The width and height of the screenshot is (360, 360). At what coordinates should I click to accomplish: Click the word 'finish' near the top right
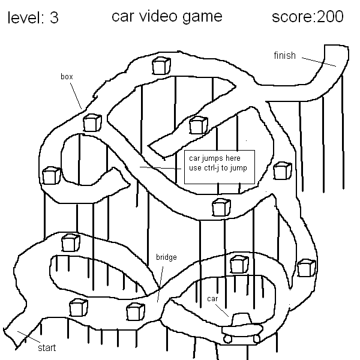click(285, 56)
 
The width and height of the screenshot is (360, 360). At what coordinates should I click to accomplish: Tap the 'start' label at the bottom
click(47, 347)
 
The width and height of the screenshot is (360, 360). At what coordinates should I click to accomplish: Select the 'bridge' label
click(166, 257)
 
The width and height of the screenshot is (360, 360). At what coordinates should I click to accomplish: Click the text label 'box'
click(67, 77)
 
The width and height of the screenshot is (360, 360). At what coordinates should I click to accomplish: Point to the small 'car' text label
click(212, 298)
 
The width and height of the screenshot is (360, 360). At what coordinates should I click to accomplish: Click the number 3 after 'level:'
click(54, 18)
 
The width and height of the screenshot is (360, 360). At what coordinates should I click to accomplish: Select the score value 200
click(331, 17)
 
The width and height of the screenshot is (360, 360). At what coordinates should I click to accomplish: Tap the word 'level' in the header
click(24, 18)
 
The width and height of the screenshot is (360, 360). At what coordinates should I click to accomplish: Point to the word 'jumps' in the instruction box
click(208, 158)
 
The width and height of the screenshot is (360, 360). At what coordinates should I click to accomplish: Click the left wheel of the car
click(228, 338)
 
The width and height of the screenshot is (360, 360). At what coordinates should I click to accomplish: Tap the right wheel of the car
click(257, 338)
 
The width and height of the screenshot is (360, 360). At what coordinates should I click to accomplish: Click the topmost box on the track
click(161, 65)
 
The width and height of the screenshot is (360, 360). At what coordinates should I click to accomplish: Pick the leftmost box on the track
click(51, 175)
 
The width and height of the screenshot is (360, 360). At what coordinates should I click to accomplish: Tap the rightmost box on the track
click(306, 268)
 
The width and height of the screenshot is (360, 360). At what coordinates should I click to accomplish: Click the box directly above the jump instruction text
click(197, 125)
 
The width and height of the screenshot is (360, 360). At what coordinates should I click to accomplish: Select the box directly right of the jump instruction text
click(282, 170)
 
